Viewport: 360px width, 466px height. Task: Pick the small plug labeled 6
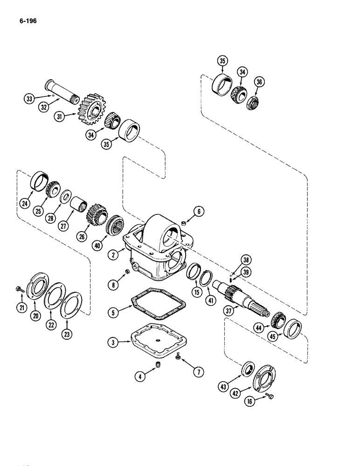(185, 223)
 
